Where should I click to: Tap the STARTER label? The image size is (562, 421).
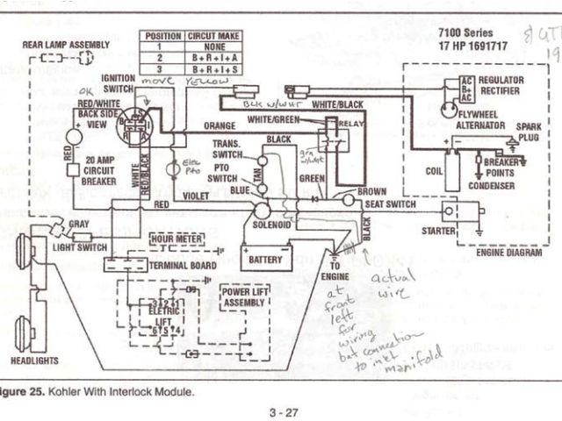click(438, 231)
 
